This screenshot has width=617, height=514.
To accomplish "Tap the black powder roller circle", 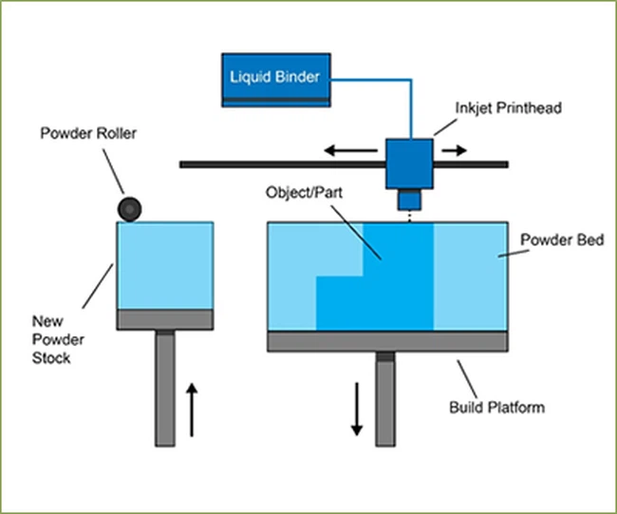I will click(126, 208).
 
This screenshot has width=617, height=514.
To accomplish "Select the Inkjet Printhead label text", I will click(509, 108).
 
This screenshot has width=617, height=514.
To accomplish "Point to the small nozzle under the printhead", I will click(409, 200).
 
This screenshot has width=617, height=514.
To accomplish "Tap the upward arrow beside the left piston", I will click(193, 409).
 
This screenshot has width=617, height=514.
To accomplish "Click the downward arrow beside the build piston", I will click(357, 408).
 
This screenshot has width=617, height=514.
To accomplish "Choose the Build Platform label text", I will click(496, 408).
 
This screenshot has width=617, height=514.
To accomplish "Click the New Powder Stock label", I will click(64, 340).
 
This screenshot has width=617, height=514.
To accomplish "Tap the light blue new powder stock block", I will click(165, 265).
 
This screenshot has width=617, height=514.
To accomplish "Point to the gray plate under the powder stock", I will click(165, 318).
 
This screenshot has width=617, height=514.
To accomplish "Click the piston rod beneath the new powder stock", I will click(165, 390).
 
